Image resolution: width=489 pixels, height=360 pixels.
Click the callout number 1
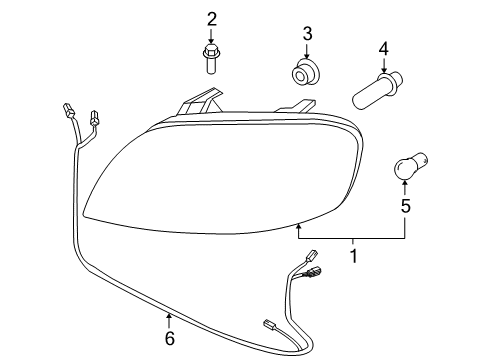pyautogui.click(x=353, y=257)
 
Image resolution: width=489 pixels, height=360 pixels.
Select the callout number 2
pyautogui.click(x=211, y=18)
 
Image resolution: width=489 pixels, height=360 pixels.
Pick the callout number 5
pyautogui.click(x=405, y=207)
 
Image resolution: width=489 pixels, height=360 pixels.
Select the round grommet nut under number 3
pyautogui.click(x=306, y=73)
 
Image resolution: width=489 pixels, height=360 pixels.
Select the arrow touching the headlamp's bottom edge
pyautogui.click(x=298, y=231)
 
